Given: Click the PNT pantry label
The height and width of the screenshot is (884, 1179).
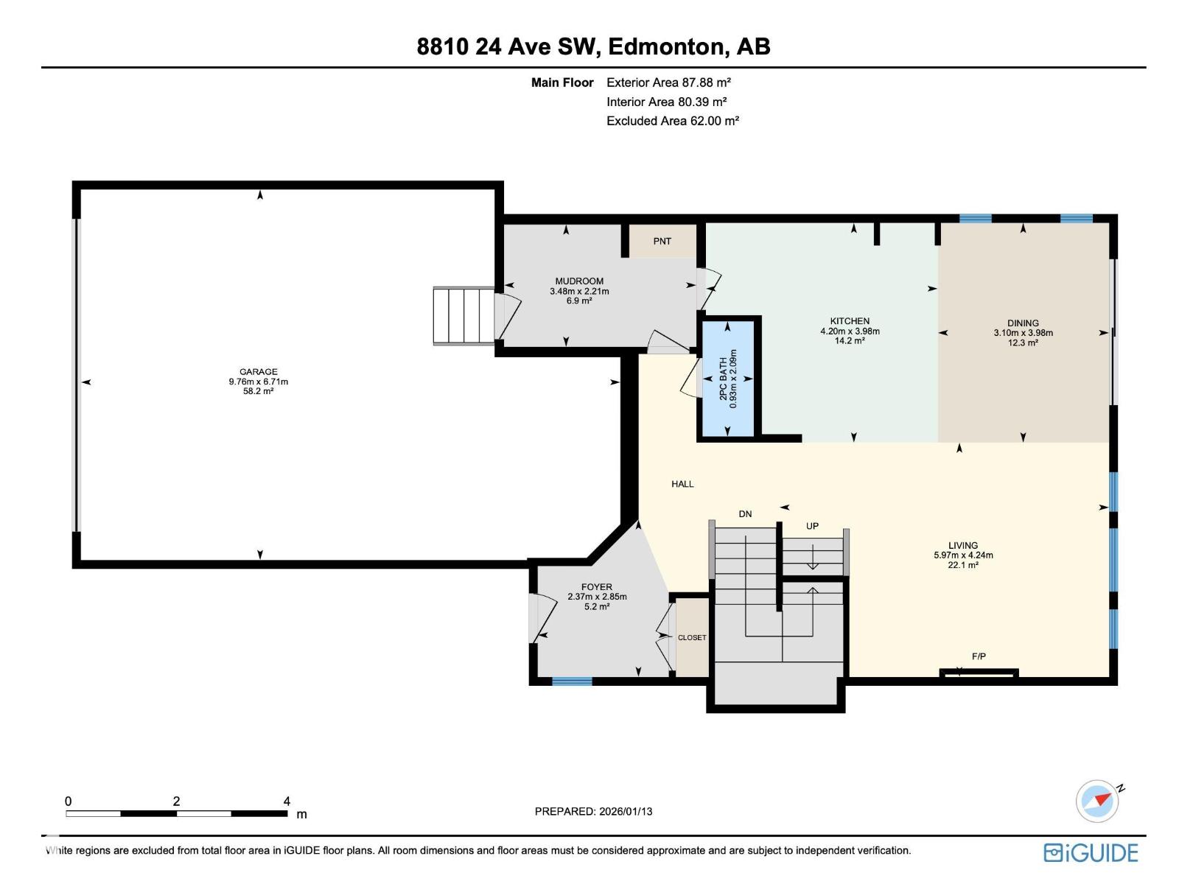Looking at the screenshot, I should (x=662, y=241).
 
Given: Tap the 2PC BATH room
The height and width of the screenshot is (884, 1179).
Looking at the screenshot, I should (x=728, y=379).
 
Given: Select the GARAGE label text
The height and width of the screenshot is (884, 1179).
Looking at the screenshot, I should (x=258, y=372).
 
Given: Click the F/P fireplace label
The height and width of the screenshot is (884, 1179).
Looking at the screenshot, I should (x=979, y=656).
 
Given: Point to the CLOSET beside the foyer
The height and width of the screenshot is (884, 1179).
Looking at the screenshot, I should (x=692, y=638).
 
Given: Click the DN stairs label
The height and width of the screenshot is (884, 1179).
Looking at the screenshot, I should (x=745, y=514).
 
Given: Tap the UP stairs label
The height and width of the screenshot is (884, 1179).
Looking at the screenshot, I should (x=812, y=526).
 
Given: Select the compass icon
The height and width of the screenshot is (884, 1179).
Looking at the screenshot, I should (x=1097, y=801).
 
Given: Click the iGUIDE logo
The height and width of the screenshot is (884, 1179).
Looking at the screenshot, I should (x=1091, y=853).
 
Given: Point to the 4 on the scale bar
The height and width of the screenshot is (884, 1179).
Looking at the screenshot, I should (x=287, y=801).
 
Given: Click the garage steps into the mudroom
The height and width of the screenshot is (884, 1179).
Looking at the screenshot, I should (x=463, y=316).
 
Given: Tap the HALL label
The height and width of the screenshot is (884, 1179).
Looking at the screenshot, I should (x=682, y=484).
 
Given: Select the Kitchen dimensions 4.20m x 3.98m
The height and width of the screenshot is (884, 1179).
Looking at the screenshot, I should (x=850, y=331).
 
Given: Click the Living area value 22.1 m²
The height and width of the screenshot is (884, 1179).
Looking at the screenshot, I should (x=963, y=565).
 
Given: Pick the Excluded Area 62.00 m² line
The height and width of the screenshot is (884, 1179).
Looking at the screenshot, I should (x=672, y=121).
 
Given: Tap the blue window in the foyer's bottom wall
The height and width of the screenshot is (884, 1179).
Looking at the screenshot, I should (x=572, y=681).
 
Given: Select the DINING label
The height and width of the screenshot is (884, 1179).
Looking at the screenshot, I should (x=1023, y=323).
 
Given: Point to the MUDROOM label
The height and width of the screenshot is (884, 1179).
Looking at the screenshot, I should (x=579, y=281).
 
